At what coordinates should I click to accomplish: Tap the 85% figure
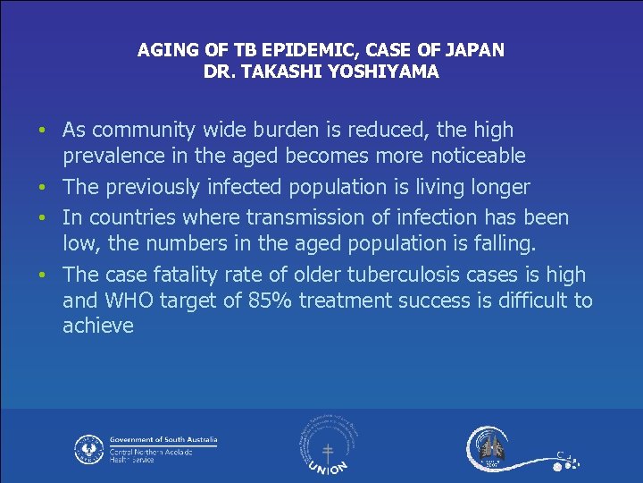(265, 301)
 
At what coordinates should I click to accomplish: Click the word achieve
(97, 326)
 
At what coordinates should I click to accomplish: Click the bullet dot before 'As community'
(42, 131)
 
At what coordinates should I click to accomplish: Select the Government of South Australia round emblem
(88, 448)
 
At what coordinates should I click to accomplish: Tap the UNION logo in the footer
(327, 446)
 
